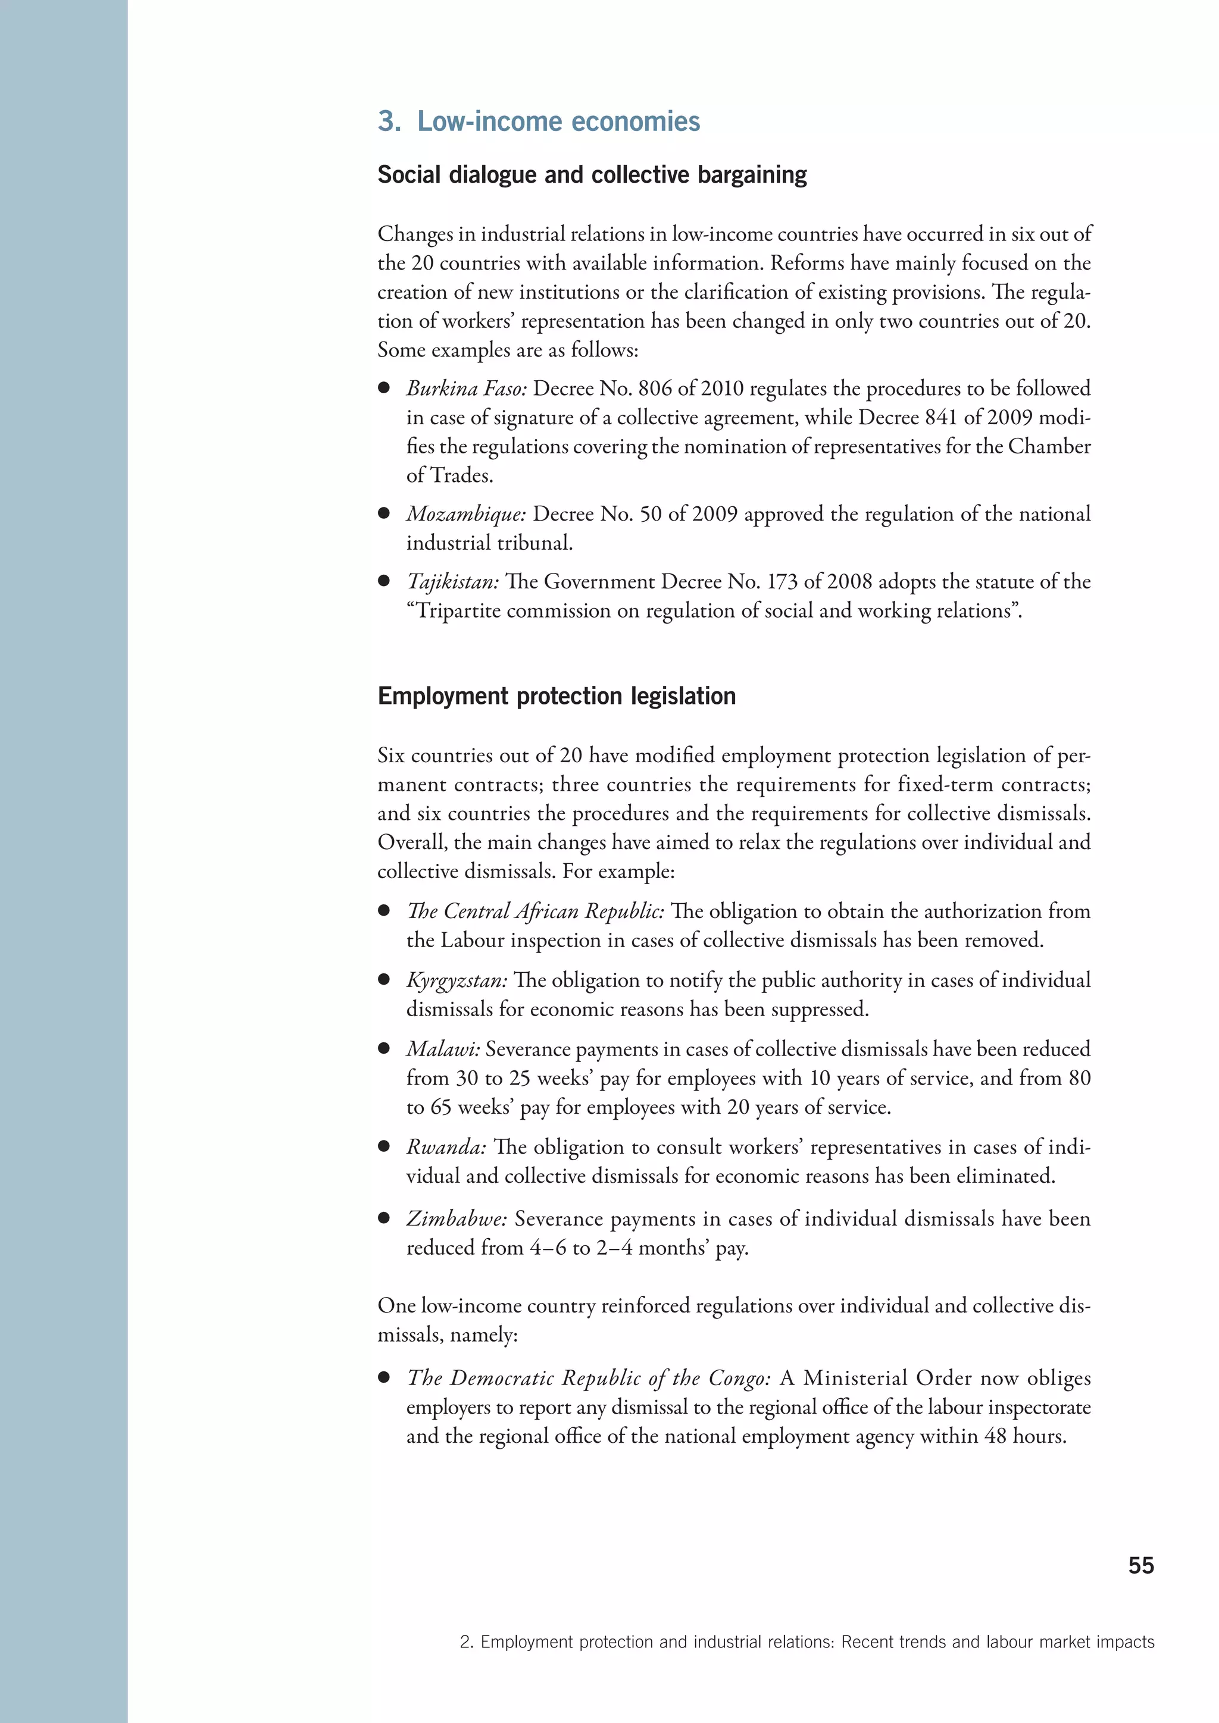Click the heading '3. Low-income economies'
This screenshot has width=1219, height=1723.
tap(538, 121)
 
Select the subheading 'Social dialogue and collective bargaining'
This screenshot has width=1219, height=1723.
tap(592, 175)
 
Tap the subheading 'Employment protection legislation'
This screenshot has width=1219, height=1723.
tap(556, 697)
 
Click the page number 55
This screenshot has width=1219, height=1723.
tap(1141, 1565)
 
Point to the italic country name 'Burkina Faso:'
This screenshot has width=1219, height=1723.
tap(467, 389)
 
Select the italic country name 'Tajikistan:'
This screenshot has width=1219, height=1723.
tap(452, 582)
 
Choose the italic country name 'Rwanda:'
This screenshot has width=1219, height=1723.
tap(446, 1148)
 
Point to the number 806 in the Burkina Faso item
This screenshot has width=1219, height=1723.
tap(655, 389)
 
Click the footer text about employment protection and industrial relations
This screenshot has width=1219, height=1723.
tap(807, 1642)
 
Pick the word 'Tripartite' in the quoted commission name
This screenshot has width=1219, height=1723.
tap(459, 611)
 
